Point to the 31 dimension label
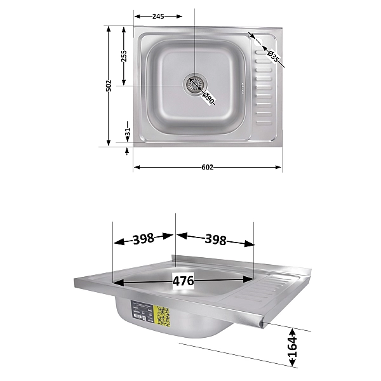coord(128,133)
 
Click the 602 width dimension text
coord(207,168)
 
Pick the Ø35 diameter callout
coord(273,55)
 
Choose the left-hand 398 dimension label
coord(144,239)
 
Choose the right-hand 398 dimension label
coord(216,239)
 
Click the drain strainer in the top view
coord(196,83)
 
